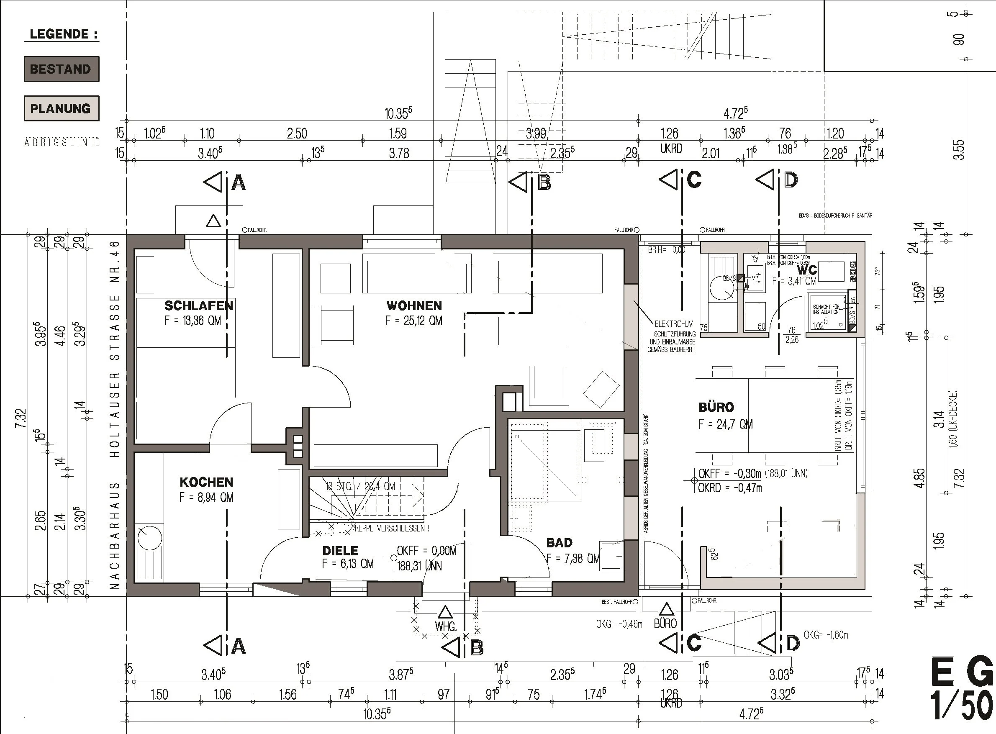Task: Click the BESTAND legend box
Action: [61, 69]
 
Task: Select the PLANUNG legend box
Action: [61, 108]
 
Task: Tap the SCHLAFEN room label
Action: [199, 305]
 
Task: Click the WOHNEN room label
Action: [414, 305]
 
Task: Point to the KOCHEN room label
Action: [206, 482]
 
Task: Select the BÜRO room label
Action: [716, 407]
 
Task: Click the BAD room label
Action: [559, 542]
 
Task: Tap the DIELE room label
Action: [340, 551]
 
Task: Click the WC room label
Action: [807, 269]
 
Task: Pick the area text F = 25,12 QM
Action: [413, 321]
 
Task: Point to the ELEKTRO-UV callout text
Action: [673, 324]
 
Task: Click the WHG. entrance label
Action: [446, 626]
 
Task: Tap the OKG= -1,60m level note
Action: [825, 635]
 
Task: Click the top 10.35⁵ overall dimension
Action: [398, 113]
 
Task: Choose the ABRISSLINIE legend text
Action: [62, 143]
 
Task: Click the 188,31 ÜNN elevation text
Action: [419, 566]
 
